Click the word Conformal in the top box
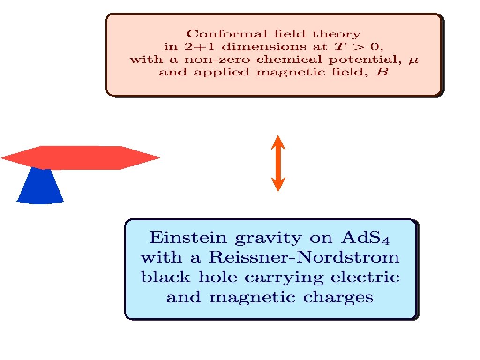[214, 34]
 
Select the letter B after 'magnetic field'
[383, 73]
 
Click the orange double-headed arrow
[278, 163]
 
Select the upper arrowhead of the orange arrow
[278, 142]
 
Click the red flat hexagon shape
[80, 157]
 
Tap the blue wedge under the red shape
[41, 187]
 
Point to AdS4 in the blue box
[366, 238]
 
